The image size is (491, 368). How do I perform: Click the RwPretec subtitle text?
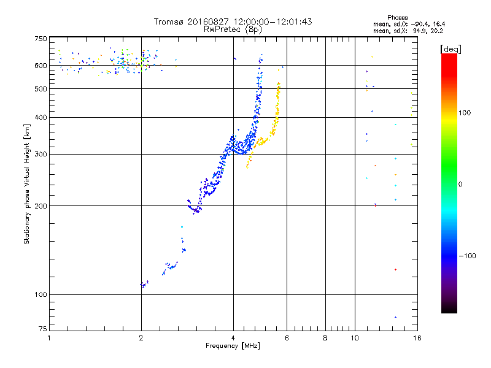click(x=225, y=29)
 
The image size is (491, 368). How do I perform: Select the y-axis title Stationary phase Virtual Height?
click(x=27, y=184)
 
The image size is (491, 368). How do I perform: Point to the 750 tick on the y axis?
click(x=40, y=39)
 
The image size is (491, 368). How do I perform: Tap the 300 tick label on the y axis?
click(x=40, y=154)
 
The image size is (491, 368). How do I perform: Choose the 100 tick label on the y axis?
click(x=40, y=295)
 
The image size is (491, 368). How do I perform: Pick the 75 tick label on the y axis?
click(x=41, y=331)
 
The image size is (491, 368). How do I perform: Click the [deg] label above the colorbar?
click(x=450, y=48)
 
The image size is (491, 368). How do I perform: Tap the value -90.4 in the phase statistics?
click(x=421, y=24)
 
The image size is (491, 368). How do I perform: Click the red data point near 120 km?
click(x=395, y=269)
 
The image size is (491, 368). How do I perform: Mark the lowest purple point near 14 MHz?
click(x=395, y=317)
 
